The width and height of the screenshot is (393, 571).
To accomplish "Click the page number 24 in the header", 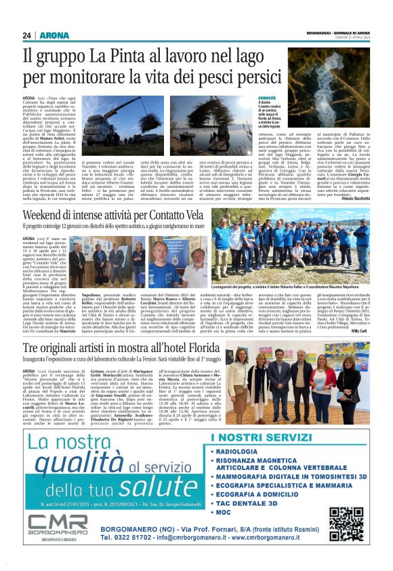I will pos(26,35).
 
